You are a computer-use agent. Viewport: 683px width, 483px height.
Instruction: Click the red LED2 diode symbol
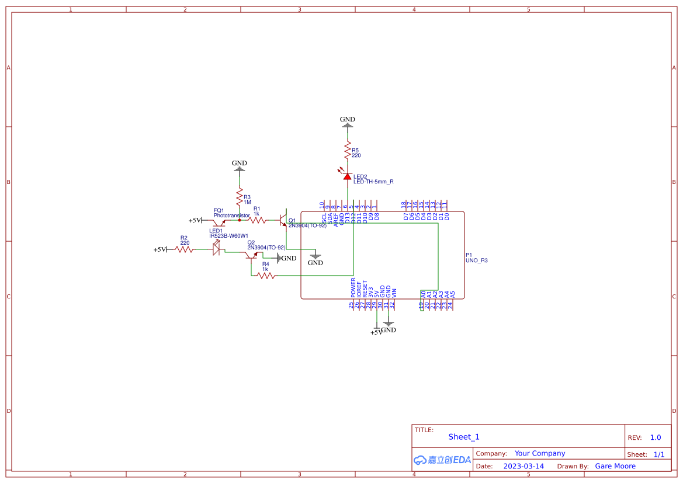coord(347,176)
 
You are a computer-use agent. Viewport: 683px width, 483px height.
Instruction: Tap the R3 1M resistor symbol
coord(239,197)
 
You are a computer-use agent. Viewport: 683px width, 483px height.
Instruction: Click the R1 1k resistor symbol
coord(257,220)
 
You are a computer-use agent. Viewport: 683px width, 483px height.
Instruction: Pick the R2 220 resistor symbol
coord(185,249)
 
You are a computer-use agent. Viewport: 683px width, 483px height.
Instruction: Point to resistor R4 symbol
coord(266,275)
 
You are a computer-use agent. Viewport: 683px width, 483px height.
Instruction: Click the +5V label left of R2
coord(160,249)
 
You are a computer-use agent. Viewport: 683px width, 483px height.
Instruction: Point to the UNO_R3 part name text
coord(476,260)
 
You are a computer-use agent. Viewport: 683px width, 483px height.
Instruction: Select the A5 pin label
coord(452,294)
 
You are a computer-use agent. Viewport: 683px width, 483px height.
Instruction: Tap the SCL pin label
coord(324,218)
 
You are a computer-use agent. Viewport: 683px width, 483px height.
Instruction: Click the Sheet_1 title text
coord(463,437)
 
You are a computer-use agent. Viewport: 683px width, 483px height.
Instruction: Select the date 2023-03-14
coord(523,466)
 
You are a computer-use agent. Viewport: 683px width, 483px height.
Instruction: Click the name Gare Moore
coord(615,466)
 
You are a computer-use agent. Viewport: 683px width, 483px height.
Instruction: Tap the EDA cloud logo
coord(442,460)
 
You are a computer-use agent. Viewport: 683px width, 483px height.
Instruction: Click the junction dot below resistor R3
coord(239,220)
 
